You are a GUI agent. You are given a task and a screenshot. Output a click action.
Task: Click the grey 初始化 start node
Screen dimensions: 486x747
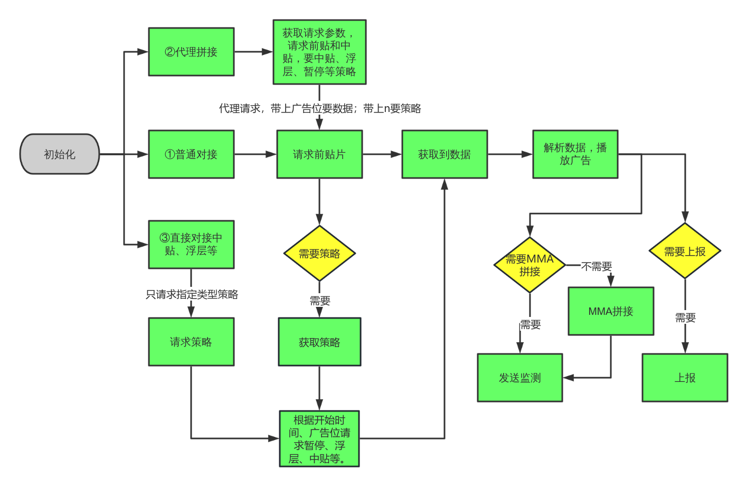(x=60, y=154)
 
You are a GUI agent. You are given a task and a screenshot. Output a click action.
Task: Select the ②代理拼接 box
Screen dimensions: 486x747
(x=191, y=52)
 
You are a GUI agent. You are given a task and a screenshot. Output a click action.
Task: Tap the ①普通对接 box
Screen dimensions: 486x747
(x=191, y=154)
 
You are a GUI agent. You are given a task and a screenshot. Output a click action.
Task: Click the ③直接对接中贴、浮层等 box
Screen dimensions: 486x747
(x=191, y=244)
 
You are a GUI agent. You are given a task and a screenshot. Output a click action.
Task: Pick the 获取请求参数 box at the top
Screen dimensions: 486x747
(x=319, y=52)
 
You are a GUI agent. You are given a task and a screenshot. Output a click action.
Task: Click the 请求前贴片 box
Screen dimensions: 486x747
(x=319, y=154)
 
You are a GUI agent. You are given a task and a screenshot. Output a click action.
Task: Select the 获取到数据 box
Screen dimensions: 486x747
(x=445, y=154)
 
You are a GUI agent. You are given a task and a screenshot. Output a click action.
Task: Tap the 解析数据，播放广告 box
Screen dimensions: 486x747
(x=575, y=154)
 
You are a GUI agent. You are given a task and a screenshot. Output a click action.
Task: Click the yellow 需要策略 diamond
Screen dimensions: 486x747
(x=319, y=254)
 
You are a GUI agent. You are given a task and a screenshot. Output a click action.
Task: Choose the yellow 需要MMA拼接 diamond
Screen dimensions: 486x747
(x=529, y=265)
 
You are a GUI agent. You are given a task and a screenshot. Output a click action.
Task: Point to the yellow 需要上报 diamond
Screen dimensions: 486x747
(x=685, y=251)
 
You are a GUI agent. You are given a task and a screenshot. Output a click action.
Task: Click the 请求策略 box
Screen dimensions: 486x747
(x=191, y=342)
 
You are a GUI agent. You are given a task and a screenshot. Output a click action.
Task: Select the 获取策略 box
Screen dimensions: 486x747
(x=319, y=342)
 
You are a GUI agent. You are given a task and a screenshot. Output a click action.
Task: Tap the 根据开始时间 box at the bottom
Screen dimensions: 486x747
(x=319, y=438)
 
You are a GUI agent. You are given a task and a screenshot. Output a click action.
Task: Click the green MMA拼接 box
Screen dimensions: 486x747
(x=611, y=311)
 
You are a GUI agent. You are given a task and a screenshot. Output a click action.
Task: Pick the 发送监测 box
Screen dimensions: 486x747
(x=520, y=378)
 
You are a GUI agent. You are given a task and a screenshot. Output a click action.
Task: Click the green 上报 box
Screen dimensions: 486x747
(x=685, y=378)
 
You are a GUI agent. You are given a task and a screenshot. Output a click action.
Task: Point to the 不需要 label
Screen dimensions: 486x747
(x=597, y=266)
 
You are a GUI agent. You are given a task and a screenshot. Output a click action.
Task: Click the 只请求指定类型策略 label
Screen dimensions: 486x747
(x=192, y=294)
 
